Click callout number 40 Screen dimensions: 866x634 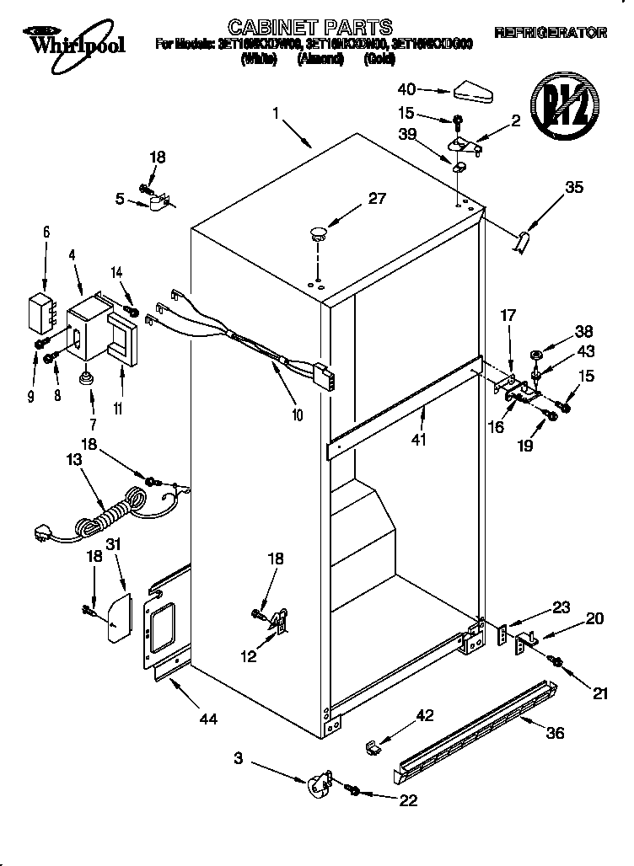coord(406,88)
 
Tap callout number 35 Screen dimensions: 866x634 coord(573,188)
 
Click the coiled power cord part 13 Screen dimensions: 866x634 coord(101,514)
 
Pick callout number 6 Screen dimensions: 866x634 coord(46,231)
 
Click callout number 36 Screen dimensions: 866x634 coord(554,733)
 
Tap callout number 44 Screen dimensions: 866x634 coord(207,718)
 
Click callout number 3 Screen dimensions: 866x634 coord(239,760)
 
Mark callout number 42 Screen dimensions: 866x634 coord(425,715)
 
